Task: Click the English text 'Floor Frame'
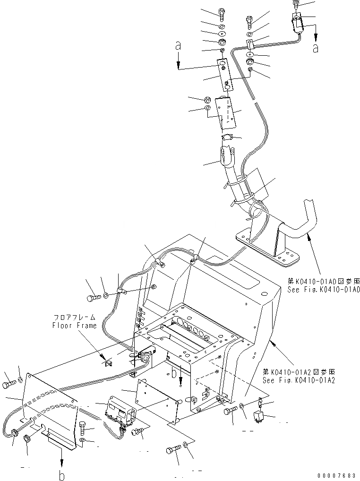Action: coord(74,325)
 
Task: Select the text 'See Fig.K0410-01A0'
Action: coord(324,289)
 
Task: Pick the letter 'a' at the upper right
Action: coord(316,48)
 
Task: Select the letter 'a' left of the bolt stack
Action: coord(178,46)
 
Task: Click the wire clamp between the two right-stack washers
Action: coord(249,45)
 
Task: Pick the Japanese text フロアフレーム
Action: coord(74,318)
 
